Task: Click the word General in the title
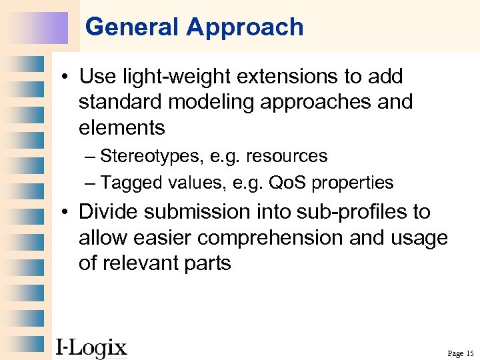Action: point(133,27)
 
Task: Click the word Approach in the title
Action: point(245,27)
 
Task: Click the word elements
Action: point(121,127)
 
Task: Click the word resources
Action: point(287,157)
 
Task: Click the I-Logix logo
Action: point(91,347)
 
